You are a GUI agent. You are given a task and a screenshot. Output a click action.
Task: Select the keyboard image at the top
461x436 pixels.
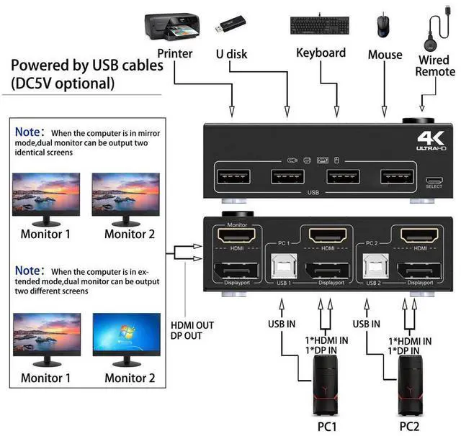click(321, 24)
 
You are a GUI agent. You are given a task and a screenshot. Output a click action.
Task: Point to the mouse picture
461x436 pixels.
click(381, 27)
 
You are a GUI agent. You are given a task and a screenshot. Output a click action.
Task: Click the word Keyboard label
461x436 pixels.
click(321, 53)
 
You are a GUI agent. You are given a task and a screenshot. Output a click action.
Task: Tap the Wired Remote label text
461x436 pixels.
click(435, 65)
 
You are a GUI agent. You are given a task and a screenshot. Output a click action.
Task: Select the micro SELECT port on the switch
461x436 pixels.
click(434, 180)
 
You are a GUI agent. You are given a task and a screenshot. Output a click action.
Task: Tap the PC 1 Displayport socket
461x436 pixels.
click(326, 275)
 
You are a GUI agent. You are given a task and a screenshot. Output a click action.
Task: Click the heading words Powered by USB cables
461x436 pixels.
click(87, 66)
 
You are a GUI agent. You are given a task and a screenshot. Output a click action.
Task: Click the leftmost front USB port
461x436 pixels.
click(232, 176)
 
